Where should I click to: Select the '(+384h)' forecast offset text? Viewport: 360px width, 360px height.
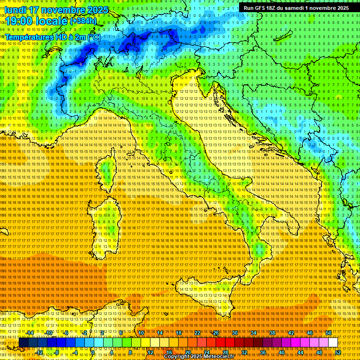click(83, 21)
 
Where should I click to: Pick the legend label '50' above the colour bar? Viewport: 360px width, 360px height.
click(329, 333)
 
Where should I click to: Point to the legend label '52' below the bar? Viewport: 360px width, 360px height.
click(338, 352)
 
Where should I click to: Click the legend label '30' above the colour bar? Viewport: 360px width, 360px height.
click(234, 333)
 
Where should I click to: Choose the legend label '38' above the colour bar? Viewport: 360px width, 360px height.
click(272, 333)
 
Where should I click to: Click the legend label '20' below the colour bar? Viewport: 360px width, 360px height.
click(187, 352)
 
